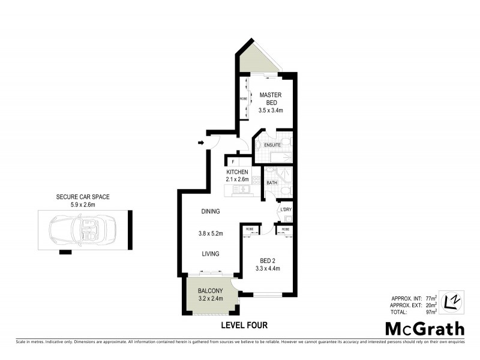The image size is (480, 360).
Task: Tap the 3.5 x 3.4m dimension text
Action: tap(271, 110)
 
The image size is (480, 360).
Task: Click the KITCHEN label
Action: tap(237, 172)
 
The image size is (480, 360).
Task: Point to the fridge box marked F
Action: tap(232, 161)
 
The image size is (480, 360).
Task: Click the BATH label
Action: tap(271, 182)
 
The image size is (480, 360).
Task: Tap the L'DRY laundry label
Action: tap(286, 209)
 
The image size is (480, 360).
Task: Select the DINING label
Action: tap(210, 211)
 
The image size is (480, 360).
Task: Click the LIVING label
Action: tap(210, 254)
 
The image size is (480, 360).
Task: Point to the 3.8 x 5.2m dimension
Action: tap(211, 233)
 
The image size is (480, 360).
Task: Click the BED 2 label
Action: tap(268, 260)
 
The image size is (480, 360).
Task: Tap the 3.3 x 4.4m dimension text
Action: tap(268, 268)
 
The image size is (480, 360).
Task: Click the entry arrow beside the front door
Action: tap(200, 142)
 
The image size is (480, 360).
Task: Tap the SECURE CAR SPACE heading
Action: tap(83, 196)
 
